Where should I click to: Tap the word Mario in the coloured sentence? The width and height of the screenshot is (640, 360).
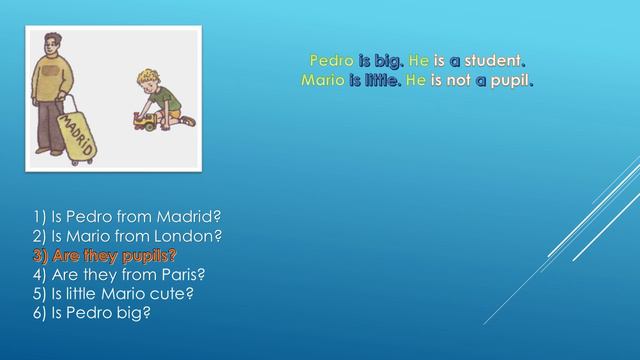coord(322,79)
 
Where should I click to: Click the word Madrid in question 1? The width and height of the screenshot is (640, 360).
coord(189,216)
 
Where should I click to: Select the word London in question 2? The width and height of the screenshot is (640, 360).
coord(190,236)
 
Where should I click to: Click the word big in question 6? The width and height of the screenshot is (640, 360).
coord(137,314)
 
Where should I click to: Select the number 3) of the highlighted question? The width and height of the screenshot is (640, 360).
coord(38,255)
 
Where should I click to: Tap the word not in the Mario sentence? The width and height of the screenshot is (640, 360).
coord(456,79)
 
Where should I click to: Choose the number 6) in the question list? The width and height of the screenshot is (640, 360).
coord(38,314)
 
